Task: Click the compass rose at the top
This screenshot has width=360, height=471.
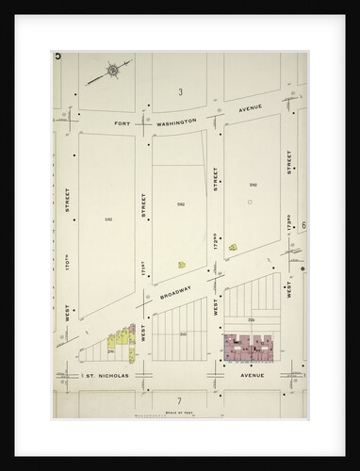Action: [112, 69]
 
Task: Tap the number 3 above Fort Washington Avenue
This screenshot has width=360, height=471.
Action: [179, 91]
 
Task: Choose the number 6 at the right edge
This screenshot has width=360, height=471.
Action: [304, 227]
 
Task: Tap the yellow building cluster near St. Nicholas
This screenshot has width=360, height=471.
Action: [121, 342]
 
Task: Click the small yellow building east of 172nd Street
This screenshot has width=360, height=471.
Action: [232, 249]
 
